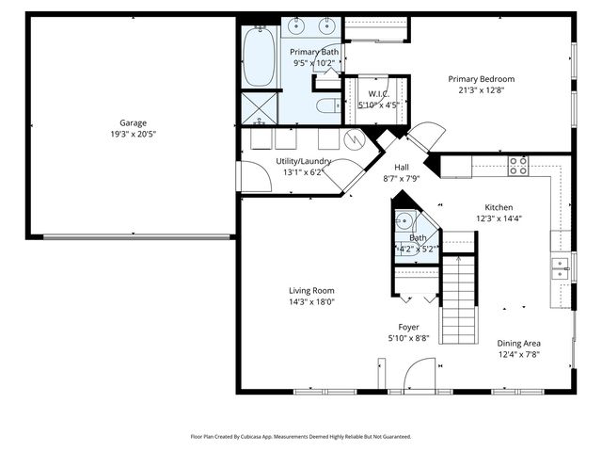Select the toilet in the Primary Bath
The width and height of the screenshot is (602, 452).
click(x=327, y=106)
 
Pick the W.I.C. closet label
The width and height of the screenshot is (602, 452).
click(x=378, y=93)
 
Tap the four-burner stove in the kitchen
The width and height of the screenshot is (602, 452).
click(x=518, y=166)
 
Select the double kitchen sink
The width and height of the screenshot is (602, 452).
click(x=561, y=267)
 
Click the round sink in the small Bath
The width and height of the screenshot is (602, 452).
click(x=404, y=222)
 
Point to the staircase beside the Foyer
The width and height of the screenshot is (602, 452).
click(x=459, y=299)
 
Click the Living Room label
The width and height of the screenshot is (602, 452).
click(x=311, y=291)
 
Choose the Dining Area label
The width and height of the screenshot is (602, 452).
click(x=520, y=344)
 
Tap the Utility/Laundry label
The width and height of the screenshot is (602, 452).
click(x=303, y=161)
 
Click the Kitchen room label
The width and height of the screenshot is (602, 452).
click(x=499, y=207)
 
